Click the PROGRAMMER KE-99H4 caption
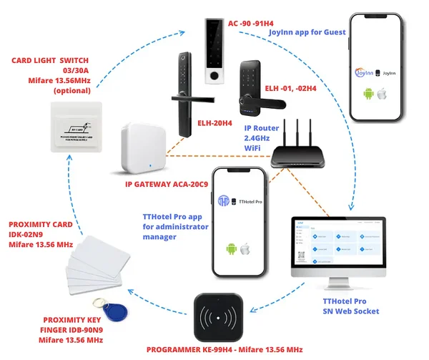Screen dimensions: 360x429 click(225, 350)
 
